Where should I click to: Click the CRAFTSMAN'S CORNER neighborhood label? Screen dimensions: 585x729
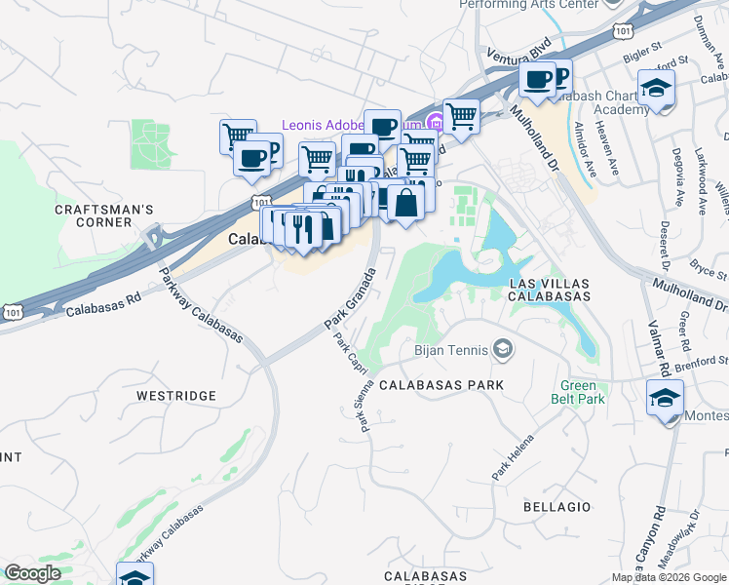(104, 215)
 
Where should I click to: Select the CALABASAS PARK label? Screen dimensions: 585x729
(442, 385)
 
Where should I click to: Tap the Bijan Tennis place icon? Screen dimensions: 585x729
(503, 348)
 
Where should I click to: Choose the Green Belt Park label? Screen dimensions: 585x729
(582, 392)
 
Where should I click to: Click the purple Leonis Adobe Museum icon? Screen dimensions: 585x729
(436, 124)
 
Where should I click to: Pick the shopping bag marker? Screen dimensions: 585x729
(406, 204)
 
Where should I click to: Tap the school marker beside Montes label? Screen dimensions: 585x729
(665, 400)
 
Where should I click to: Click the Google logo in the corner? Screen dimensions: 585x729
(32, 573)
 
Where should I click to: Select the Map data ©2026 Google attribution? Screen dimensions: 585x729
(669, 577)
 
